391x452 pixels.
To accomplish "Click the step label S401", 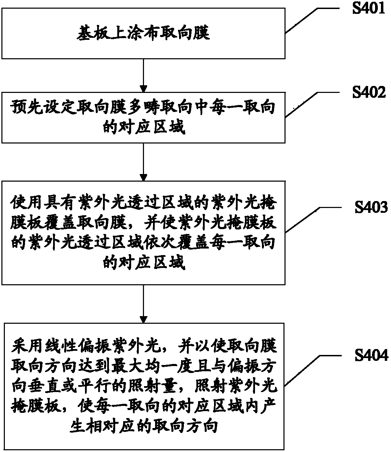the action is tap(368, 8).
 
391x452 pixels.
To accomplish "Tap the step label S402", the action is tap(369, 92).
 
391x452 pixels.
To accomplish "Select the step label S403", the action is tap(371, 207).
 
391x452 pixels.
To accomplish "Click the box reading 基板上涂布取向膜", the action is tap(143, 34).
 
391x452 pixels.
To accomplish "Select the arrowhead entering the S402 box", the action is tap(143, 89).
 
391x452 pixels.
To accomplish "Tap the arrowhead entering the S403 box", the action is tap(143, 177).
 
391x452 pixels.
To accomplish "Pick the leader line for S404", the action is tap(313, 367).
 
